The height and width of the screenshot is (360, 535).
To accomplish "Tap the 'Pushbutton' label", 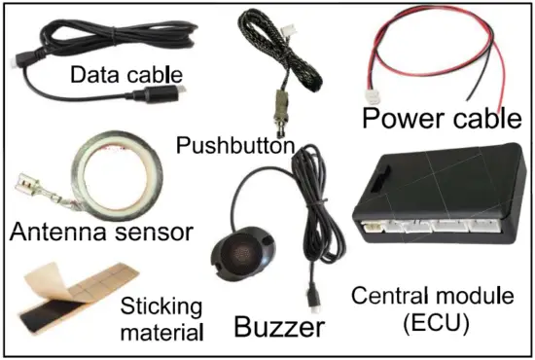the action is pos(234,145).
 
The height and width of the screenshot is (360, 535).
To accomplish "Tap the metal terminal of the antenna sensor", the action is pos(29,186).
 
